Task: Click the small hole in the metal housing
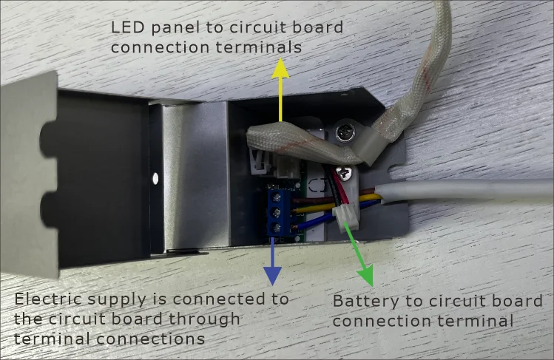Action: pos(155,178)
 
